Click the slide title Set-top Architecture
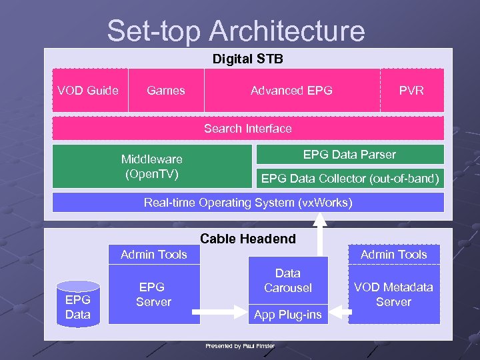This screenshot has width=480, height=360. pos(236,31)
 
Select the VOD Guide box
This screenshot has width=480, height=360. pos(88,91)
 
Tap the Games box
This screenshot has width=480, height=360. pos(166,91)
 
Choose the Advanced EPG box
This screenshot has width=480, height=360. pos(291,91)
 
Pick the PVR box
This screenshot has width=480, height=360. pos(411,91)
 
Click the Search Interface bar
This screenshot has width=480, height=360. pos(248,128)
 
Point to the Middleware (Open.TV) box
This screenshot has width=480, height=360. pos(152,167)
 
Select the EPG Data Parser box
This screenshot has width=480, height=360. pos(349,155)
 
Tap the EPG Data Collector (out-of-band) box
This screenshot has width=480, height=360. pos(350,179)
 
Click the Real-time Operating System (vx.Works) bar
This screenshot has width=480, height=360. pos(248,203)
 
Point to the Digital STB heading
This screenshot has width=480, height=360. pos(248,59)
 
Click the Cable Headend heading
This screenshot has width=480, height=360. pos(248,239)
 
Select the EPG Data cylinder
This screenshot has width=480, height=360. pos(78,304)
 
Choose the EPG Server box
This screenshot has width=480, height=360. pos(154,295)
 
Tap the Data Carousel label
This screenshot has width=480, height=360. pos(288,281)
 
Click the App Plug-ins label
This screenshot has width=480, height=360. pos(288,315)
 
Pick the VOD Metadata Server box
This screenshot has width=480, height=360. pos(393,295)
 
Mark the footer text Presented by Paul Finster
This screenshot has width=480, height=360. pos(240,346)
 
